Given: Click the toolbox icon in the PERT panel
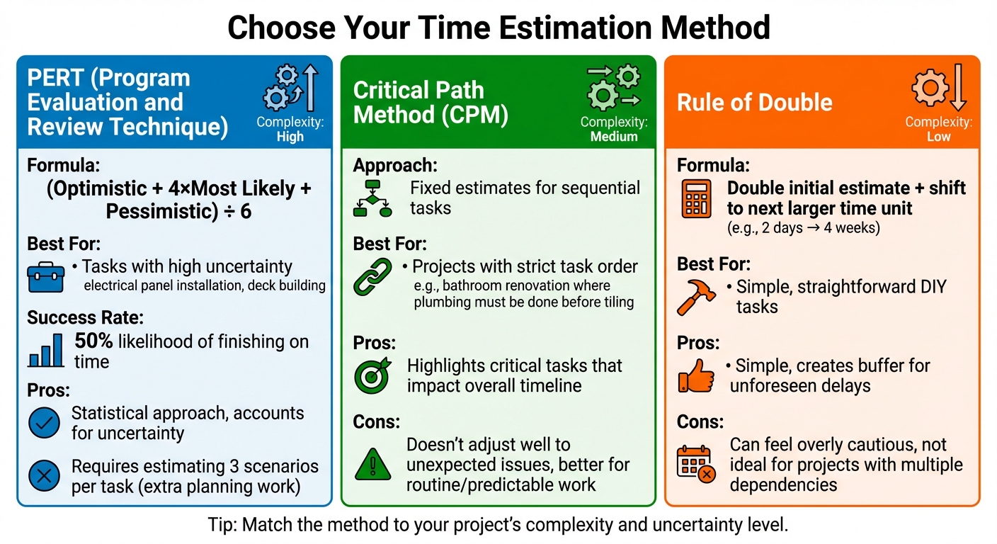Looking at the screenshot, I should pyautogui.click(x=45, y=277).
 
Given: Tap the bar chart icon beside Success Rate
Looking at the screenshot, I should pyautogui.click(x=46, y=351).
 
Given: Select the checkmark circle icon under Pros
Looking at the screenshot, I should pyautogui.click(x=44, y=423).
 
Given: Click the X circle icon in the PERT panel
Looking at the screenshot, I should pyautogui.click(x=44, y=476).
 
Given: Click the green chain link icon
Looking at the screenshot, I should pyautogui.click(x=372, y=277).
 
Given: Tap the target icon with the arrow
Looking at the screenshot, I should pyautogui.click(x=372, y=375).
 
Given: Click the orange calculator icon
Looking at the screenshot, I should pyautogui.click(x=696, y=198).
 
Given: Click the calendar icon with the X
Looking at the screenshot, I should pyautogui.click(x=696, y=464).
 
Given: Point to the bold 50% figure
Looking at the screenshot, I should pyautogui.click(x=94, y=341).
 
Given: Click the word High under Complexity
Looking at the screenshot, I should pyautogui.click(x=290, y=137).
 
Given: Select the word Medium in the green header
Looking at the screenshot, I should pyautogui.click(x=614, y=137).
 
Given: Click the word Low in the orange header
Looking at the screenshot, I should pyautogui.click(x=938, y=137).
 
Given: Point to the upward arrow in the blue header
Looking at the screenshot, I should pyautogui.click(x=309, y=86).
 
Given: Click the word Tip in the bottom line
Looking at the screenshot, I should pyautogui.click(x=221, y=525).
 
